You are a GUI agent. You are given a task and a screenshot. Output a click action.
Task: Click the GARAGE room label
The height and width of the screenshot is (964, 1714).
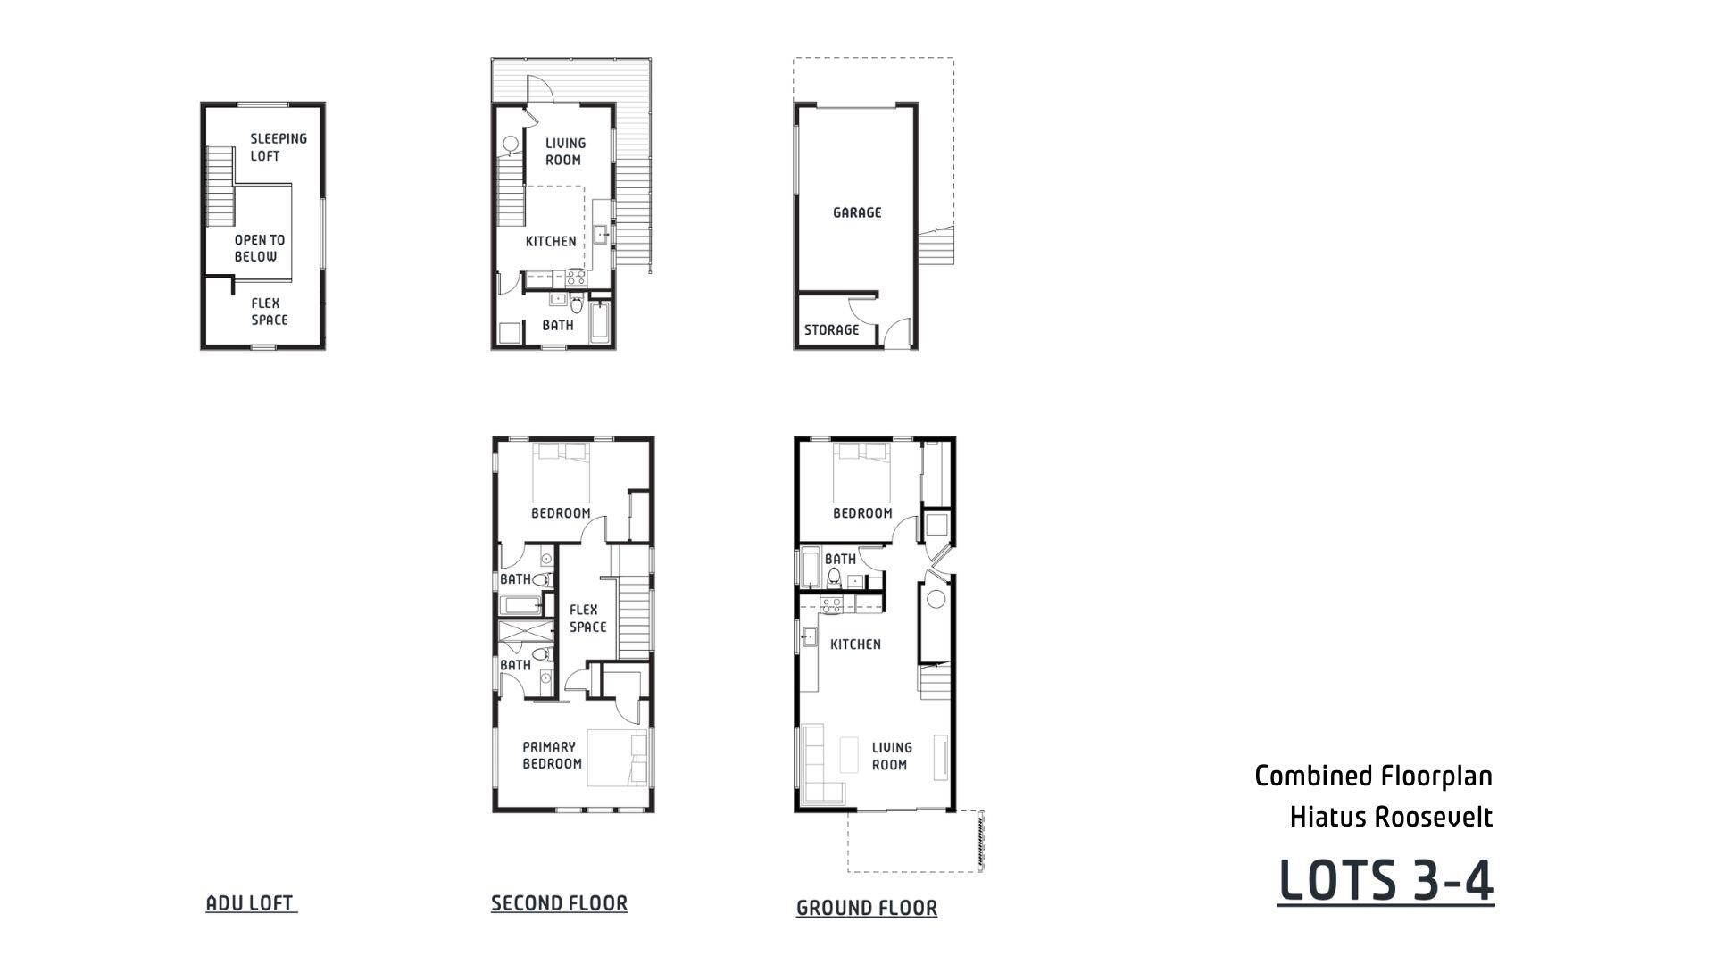point(857,212)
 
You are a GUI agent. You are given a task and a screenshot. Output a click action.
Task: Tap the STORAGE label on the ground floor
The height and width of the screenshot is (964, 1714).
point(831,330)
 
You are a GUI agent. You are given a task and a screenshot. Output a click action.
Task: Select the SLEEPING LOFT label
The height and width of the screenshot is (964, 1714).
point(278,147)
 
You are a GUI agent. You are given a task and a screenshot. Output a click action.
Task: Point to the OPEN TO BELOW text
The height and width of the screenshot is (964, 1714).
point(259,248)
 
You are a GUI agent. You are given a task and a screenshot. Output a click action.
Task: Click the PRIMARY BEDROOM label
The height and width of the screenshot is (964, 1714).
point(552,755)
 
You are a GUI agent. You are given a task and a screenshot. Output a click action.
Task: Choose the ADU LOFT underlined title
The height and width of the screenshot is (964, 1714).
point(250,903)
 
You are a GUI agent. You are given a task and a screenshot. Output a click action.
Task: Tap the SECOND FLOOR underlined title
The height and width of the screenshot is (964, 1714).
point(559,903)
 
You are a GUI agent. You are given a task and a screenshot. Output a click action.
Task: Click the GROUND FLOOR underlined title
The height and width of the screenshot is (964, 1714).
point(866,908)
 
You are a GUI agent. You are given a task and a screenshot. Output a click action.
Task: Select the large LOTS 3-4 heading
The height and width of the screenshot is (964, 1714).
point(1385,881)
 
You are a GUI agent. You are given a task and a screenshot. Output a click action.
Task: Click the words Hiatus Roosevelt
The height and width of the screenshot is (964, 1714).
point(1391,817)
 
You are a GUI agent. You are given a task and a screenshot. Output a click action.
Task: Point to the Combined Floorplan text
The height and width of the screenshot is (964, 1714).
point(1373,776)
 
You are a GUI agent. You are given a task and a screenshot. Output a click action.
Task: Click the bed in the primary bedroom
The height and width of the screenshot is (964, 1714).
point(617,758)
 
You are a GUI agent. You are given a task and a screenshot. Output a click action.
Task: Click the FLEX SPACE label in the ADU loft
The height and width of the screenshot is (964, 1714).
point(269,312)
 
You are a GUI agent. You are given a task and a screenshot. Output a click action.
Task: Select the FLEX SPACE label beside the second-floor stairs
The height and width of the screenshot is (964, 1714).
point(587,619)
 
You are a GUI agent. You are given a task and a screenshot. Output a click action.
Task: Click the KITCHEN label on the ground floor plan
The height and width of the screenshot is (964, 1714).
point(855,644)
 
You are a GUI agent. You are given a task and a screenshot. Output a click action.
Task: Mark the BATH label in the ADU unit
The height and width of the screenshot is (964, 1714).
point(558,326)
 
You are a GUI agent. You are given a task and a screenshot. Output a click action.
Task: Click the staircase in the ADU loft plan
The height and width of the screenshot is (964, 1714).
point(220,186)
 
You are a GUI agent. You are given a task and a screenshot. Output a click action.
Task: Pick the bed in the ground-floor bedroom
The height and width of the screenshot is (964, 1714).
point(861,472)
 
